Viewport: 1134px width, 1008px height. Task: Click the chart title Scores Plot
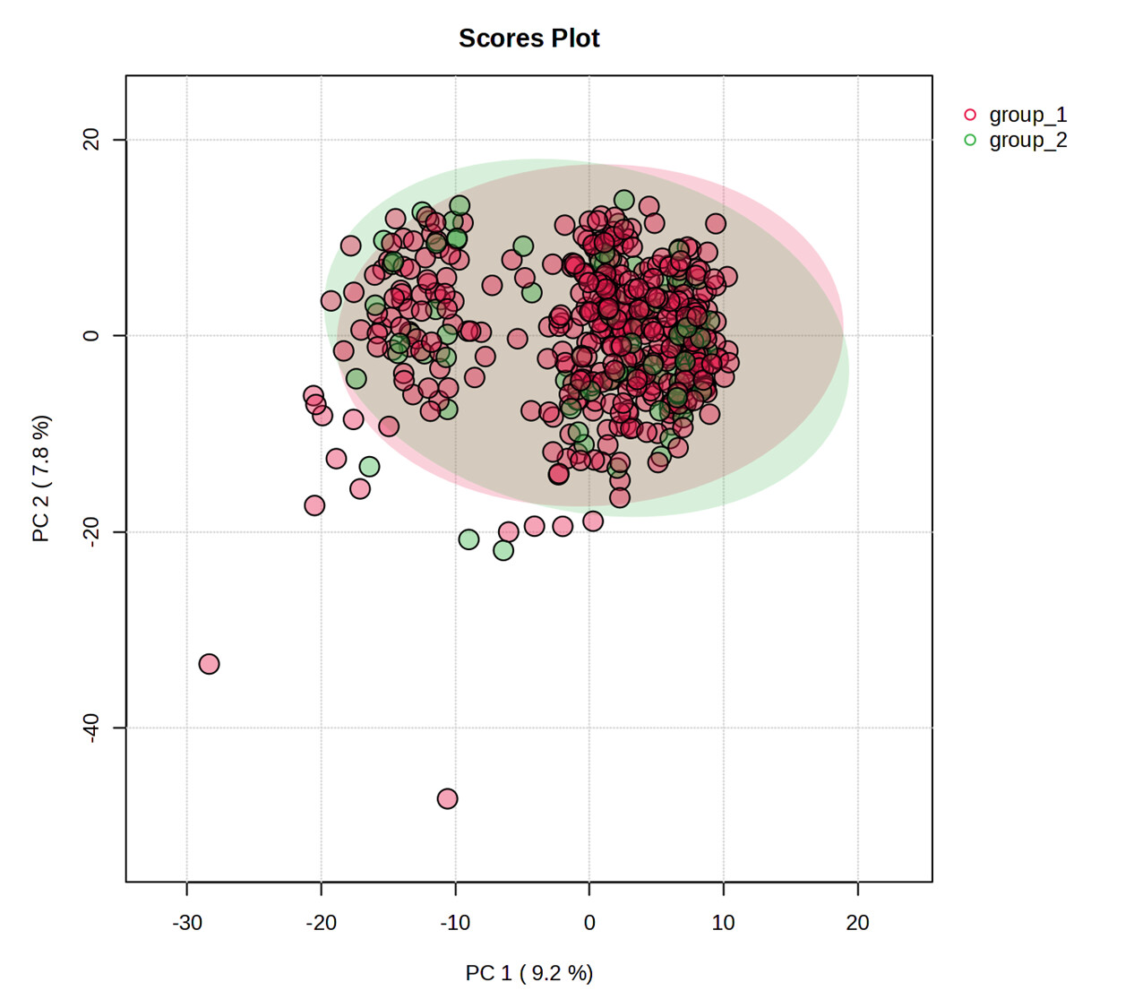point(528,39)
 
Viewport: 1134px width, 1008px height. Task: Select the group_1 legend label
point(1027,115)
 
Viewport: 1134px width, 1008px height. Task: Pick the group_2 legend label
point(1027,140)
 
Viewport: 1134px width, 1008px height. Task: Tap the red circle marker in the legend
point(969,115)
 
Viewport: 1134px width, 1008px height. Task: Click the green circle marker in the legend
point(969,140)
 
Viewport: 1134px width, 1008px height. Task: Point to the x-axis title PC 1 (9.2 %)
point(528,973)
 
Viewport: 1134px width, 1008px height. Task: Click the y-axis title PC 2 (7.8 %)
point(41,478)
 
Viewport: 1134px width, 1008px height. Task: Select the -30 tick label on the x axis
point(186,923)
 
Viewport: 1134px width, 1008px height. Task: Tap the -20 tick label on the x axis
point(321,923)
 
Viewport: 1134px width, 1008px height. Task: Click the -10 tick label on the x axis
point(455,923)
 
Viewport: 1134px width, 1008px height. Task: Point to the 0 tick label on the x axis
point(589,923)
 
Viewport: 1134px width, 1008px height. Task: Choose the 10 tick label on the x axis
point(723,923)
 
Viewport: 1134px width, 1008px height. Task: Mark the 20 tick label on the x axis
point(857,923)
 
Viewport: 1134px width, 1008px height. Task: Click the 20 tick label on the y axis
point(90,140)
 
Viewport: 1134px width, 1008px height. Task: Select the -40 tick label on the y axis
point(90,728)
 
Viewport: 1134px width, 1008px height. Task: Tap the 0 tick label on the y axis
point(90,336)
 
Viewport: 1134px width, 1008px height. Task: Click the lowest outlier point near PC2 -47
point(447,798)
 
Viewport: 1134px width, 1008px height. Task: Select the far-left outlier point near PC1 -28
point(209,664)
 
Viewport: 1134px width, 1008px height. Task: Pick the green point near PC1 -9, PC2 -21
point(468,539)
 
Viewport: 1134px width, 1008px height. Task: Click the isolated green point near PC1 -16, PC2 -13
point(369,467)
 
